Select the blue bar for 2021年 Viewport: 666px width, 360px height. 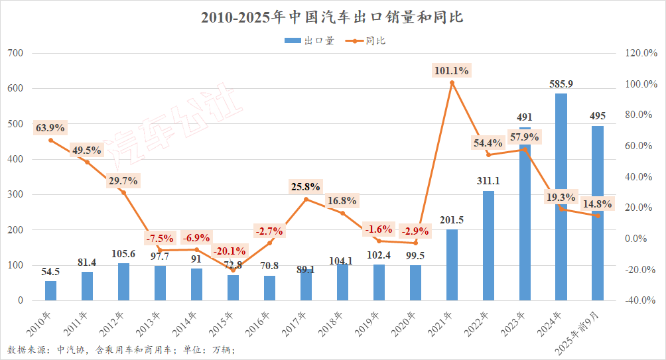(452, 265)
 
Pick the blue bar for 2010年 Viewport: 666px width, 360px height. (50, 290)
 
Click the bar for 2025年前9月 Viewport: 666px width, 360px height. (598, 213)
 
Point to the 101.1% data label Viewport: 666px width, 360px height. (452, 70)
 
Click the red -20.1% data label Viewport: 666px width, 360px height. (230, 251)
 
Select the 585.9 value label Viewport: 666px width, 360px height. (561, 84)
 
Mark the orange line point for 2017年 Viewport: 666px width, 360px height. (306, 200)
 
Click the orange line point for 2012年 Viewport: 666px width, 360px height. (123, 193)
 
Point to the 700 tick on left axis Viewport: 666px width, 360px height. (15, 53)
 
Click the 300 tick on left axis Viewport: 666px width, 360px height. (15, 195)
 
